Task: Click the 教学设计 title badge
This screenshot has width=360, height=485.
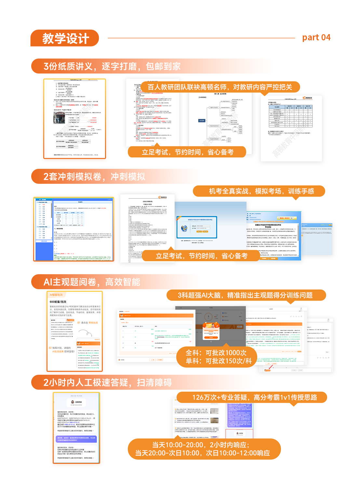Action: (65, 38)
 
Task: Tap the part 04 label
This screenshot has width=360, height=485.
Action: (316, 38)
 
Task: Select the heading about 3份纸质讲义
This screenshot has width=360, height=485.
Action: (112, 66)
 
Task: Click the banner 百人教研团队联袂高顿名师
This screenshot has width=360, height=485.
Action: (220, 87)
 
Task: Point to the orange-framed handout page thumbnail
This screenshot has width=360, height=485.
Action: (75, 119)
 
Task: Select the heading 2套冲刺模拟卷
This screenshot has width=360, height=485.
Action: (94, 177)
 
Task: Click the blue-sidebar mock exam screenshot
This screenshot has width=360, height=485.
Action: (74, 229)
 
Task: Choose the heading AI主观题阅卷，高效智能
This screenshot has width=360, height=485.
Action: (92, 282)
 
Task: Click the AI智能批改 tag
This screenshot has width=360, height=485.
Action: (56, 295)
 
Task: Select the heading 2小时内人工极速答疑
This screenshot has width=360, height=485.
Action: (107, 383)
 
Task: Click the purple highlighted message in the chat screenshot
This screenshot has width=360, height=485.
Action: (76, 439)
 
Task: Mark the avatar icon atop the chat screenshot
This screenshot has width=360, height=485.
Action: (73, 402)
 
